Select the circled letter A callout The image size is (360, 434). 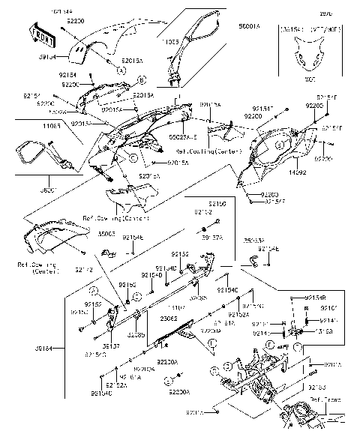click(120, 68)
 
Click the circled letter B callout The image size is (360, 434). click(142, 77)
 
